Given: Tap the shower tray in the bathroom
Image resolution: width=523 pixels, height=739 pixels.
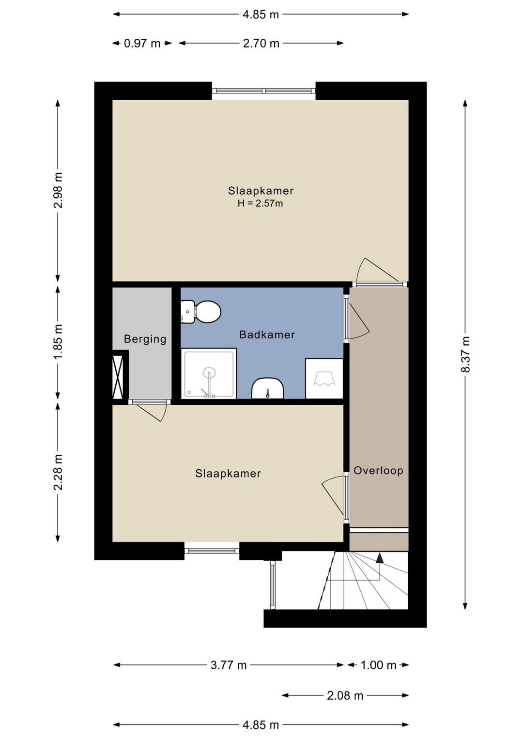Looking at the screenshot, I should tap(209, 373).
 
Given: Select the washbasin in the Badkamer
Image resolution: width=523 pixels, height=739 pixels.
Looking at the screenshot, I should tap(267, 388).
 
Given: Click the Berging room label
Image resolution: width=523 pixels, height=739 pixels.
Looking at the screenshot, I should tap(145, 339).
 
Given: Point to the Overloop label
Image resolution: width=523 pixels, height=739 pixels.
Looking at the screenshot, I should tap(378, 471).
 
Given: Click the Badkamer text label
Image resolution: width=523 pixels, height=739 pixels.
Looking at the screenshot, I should tap(267, 335).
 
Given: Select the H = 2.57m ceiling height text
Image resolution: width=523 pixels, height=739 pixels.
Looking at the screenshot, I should tap(260, 204).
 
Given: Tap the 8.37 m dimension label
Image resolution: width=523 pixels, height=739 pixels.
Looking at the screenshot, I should tap(465, 354).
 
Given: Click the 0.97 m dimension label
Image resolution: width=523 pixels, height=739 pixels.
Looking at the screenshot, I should tap(142, 44).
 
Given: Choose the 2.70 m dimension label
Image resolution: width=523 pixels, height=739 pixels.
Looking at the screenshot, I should tap(261, 44).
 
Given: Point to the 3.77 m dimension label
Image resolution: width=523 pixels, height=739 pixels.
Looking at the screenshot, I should tap(229, 665).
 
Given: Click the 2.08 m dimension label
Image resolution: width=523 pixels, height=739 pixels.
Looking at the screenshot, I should tap(345, 696).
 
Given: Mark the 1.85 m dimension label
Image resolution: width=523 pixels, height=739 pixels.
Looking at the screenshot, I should tap(58, 342).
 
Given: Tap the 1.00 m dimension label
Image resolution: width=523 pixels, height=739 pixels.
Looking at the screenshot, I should tap(378, 665).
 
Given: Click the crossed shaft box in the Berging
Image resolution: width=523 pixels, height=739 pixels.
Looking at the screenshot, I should tap(118, 377).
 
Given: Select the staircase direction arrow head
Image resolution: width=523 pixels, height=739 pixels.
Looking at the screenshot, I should tap(380, 558).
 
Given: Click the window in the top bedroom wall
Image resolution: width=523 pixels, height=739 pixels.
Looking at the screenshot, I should tap(263, 91).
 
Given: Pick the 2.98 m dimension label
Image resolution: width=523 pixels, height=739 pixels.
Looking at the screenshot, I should tap(58, 190).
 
